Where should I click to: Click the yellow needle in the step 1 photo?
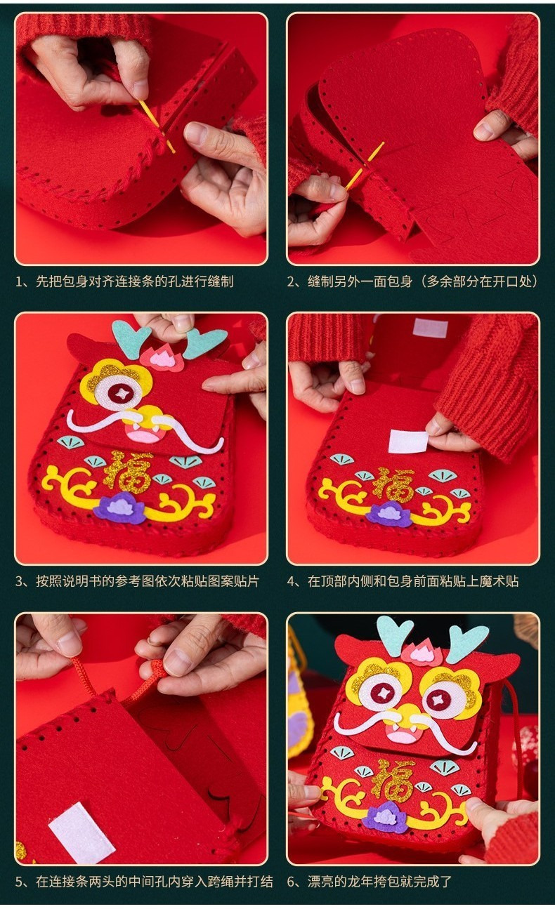point(157,126)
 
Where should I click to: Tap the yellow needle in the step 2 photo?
point(365,166)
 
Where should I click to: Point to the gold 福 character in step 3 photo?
point(128,472)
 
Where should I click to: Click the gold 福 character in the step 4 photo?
point(395,486)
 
